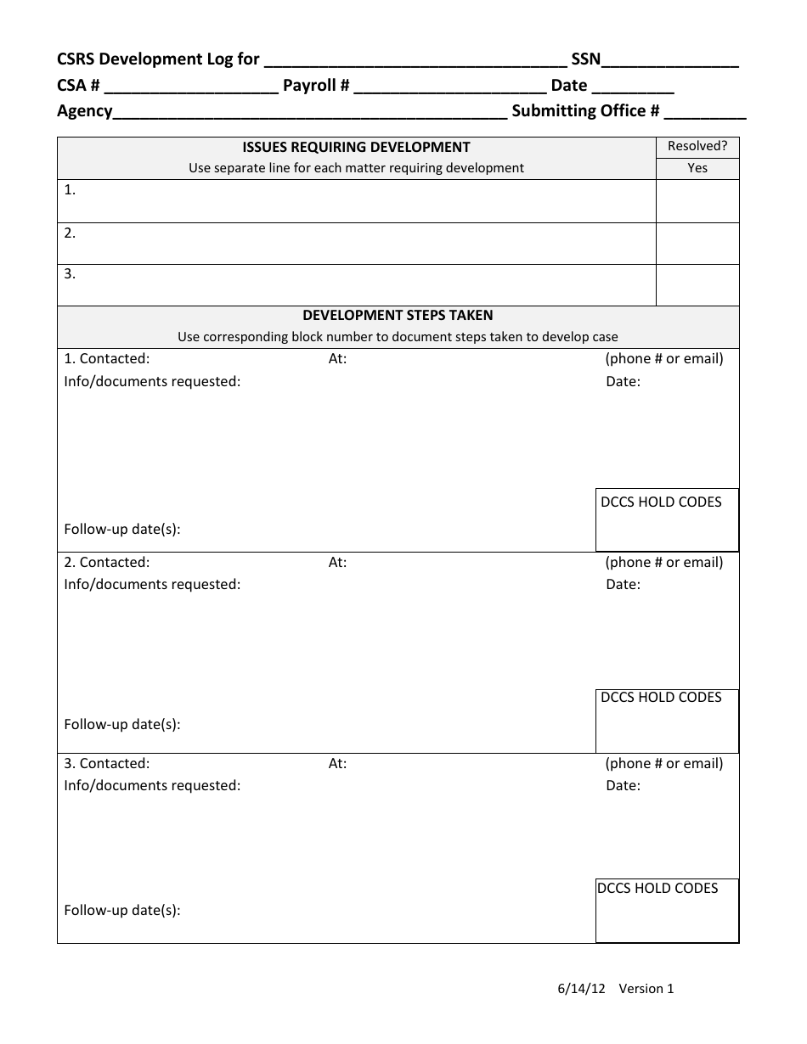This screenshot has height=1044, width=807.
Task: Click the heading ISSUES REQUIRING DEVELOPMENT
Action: (357, 147)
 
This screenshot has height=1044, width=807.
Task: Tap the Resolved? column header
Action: (697, 146)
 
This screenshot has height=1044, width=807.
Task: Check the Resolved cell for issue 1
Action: (697, 201)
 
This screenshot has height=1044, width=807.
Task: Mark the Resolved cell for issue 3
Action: (697, 285)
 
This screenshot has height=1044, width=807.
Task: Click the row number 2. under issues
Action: (70, 233)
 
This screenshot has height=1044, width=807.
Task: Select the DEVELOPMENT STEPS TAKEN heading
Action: (398, 315)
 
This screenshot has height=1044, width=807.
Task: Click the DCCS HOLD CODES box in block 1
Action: (667, 519)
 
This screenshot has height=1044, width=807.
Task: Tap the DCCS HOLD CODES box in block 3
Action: (667, 910)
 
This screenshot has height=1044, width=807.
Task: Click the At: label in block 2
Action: (337, 562)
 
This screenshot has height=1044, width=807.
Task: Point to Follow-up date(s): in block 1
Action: (122, 529)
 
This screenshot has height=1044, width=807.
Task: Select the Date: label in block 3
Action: (623, 785)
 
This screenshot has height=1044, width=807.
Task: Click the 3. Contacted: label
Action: (107, 763)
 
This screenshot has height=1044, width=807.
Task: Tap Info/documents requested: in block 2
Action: (152, 584)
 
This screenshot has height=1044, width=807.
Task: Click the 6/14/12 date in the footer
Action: (581, 988)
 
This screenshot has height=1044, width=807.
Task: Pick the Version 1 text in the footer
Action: (646, 988)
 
